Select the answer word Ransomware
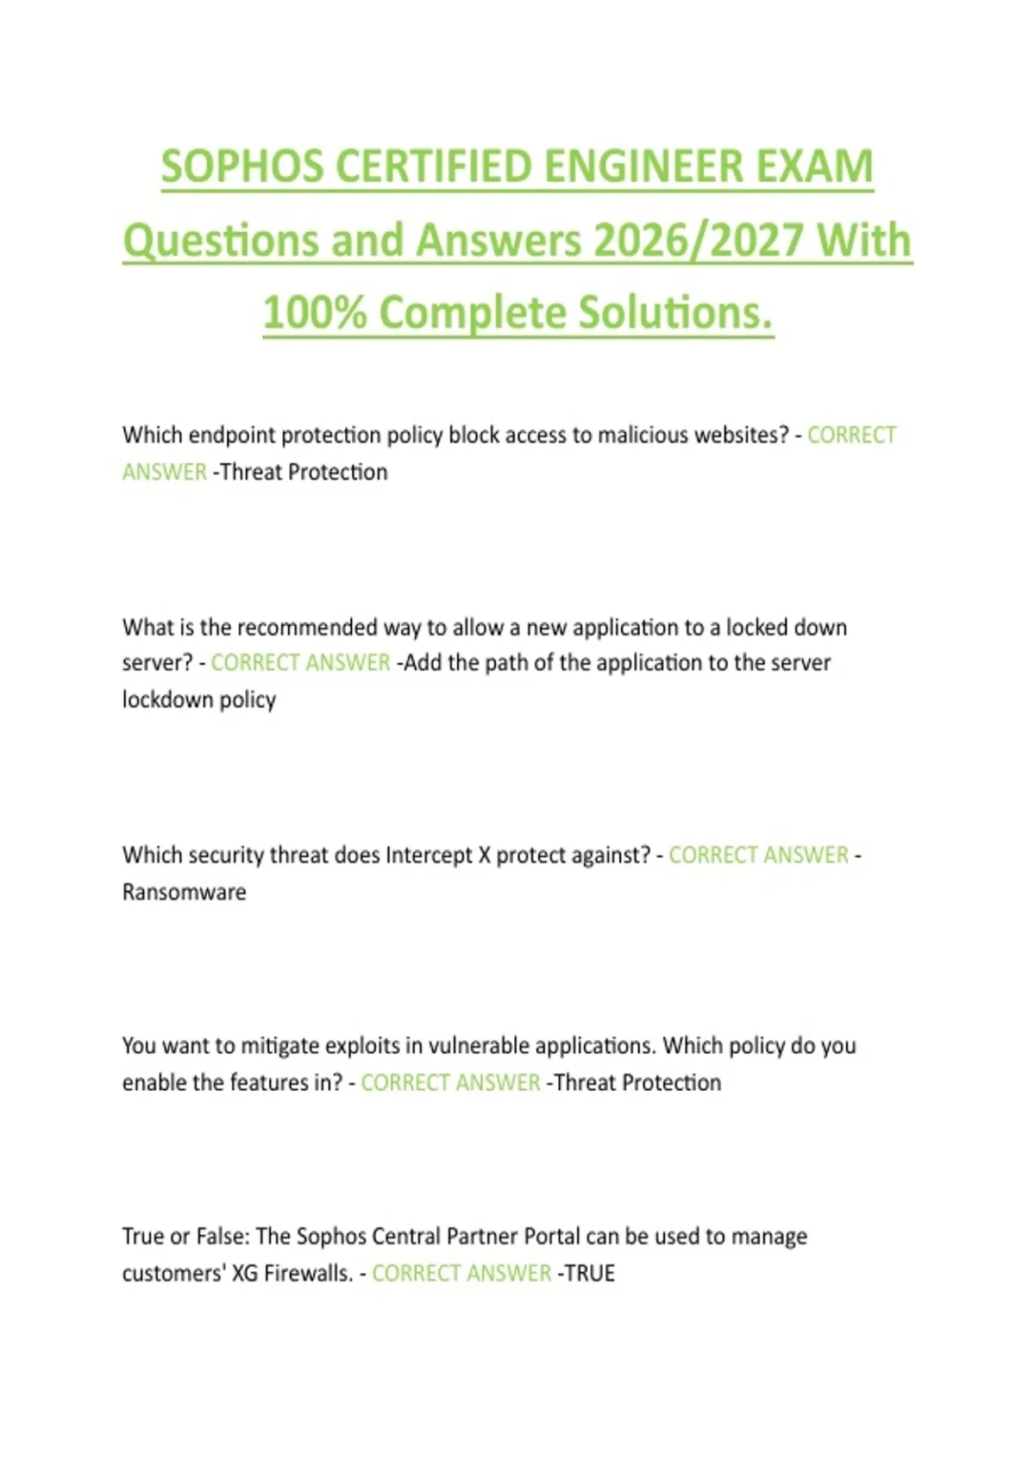point(184,893)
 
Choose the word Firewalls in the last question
point(308,1274)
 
